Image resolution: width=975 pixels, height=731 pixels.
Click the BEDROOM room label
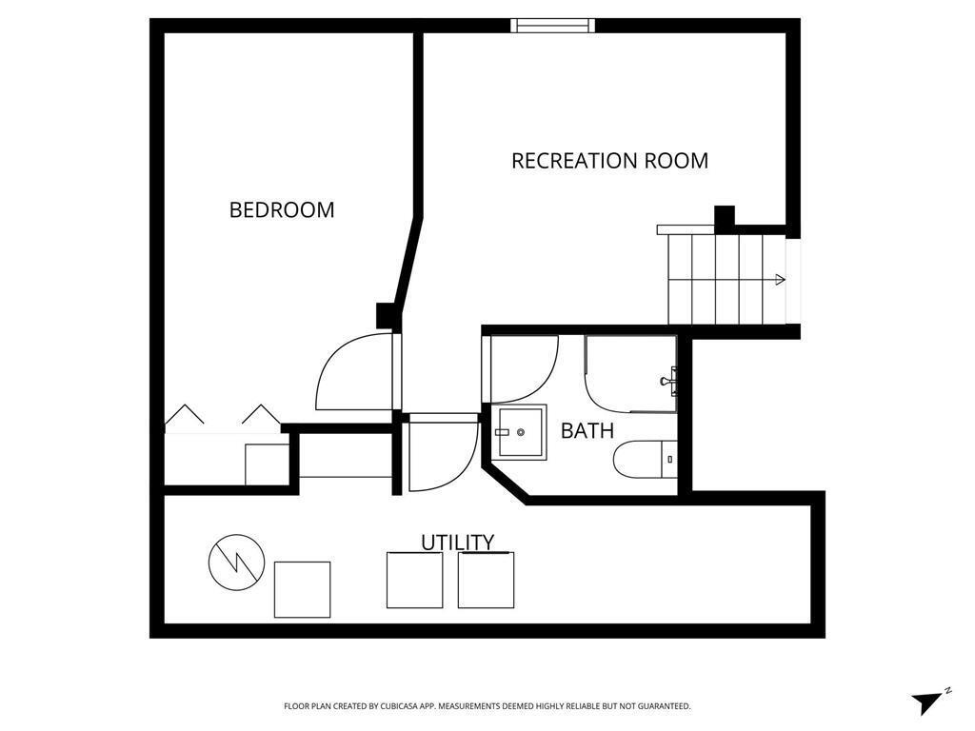pyautogui.click(x=282, y=209)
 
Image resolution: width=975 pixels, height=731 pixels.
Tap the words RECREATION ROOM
pyautogui.click(x=609, y=161)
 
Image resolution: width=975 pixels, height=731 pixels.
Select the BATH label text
pyautogui.click(x=587, y=430)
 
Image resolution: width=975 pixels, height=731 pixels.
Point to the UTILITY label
pyautogui.click(x=457, y=543)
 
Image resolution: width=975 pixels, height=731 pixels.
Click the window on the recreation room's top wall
pyautogui.click(x=553, y=26)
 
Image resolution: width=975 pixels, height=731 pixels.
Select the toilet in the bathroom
pyautogui.click(x=645, y=460)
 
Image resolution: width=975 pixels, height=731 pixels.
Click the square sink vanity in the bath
pyautogui.click(x=520, y=432)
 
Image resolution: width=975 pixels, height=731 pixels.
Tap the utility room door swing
pyautogui.click(x=442, y=455)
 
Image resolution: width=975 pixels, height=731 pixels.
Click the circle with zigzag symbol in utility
pyautogui.click(x=236, y=561)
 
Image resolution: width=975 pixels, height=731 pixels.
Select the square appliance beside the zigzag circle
pyautogui.click(x=302, y=589)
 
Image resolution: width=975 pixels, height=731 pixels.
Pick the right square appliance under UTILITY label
pyautogui.click(x=486, y=580)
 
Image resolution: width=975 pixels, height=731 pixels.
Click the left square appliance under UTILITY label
pyautogui.click(x=414, y=580)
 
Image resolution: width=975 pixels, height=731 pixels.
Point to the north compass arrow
pyautogui.click(x=927, y=701)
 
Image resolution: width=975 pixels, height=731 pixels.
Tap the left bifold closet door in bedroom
pyautogui.click(x=185, y=416)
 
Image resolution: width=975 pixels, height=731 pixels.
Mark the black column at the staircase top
pyautogui.click(x=725, y=216)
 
